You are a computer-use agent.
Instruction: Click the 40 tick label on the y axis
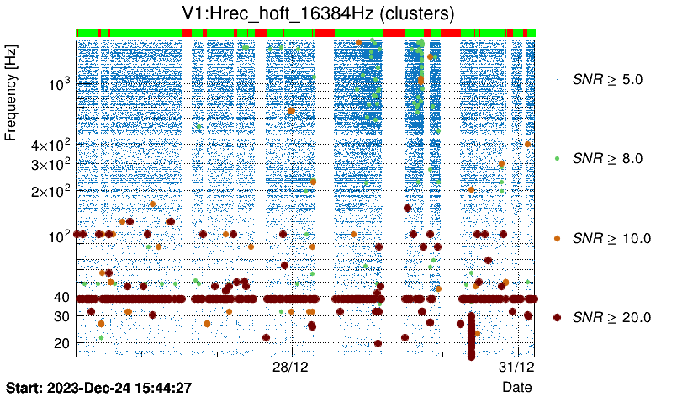(x=61, y=297)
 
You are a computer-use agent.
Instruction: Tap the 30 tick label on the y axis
(x=61, y=316)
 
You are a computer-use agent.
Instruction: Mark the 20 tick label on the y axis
(x=61, y=343)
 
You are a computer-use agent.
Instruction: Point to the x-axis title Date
(x=516, y=387)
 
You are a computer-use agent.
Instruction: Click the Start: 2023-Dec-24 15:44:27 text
(x=98, y=387)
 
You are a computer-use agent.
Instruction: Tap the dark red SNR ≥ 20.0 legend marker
(x=557, y=317)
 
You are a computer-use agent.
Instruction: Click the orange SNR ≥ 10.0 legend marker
(x=557, y=238)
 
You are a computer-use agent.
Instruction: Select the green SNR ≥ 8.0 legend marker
(x=557, y=158)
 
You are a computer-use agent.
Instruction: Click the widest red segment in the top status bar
(x=393, y=33)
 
